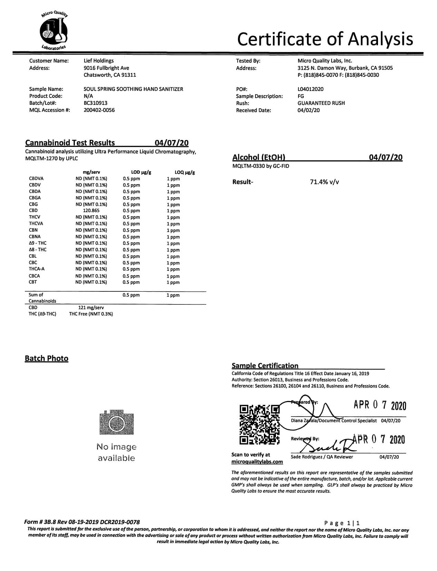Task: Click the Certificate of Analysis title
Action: click(325, 39)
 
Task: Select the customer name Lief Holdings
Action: click(99, 61)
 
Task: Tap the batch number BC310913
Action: click(96, 103)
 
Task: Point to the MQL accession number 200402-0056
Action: click(99, 110)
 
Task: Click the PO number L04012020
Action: click(310, 89)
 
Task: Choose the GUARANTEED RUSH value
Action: click(321, 103)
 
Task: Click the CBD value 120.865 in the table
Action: click(91, 210)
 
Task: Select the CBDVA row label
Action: click(36, 179)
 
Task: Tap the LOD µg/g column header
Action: click(141, 172)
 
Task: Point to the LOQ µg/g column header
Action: click(185, 172)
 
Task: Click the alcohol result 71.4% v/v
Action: click(324, 182)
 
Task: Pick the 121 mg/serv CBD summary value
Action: click(91, 308)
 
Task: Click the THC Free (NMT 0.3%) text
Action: click(91, 314)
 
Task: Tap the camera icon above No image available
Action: click(116, 422)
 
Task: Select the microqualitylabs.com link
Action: click(257, 462)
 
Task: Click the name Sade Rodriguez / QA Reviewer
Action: click(322, 457)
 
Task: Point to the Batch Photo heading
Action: click(47, 359)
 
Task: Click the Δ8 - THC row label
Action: click(38, 250)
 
